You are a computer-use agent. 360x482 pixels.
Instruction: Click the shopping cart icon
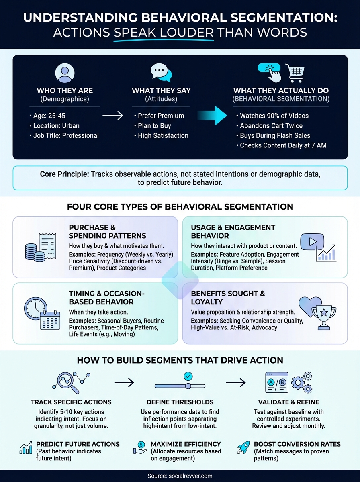click(x=296, y=73)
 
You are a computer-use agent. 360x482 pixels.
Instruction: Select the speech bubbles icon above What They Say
click(x=161, y=73)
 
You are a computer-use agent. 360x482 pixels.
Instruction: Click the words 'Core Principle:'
click(x=64, y=174)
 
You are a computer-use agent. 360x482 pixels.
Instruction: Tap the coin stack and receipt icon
click(x=40, y=246)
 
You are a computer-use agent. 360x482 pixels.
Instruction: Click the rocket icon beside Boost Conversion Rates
click(x=243, y=448)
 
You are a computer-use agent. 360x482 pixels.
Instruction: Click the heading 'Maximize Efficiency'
click(x=186, y=444)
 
